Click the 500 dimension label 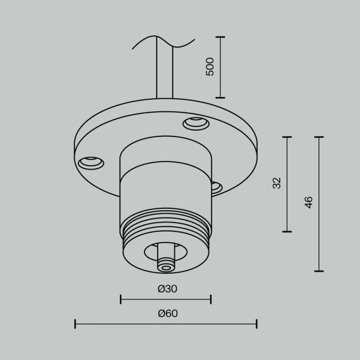click(x=210, y=67)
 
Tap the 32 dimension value click(x=277, y=183)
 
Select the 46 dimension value click(x=309, y=202)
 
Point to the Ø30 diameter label click(x=167, y=289)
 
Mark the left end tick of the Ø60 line click(x=75, y=323)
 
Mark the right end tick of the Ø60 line click(x=256, y=323)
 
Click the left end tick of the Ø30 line click(x=121, y=299)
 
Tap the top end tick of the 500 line click(x=220, y=37)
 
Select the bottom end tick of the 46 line click(x=319, y=271)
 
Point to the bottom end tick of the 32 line click(x=286, y=231)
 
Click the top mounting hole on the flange click(x=196, y=123)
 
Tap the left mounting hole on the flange click(x=91, y=163)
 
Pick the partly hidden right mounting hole click(x=216, y=186)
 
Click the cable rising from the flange click(x=165, y=72)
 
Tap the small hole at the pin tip click(x=166, y=266)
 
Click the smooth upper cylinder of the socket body click(x=166, y=154)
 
